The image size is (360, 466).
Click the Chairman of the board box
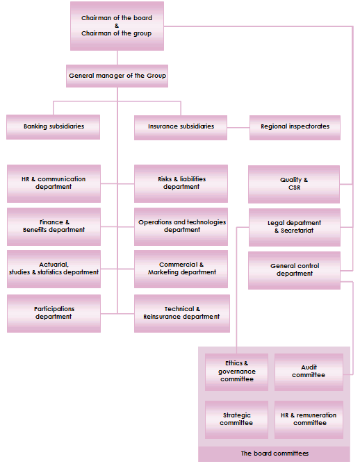(x=117, y=26)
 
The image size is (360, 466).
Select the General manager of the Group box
(x=117, y=75)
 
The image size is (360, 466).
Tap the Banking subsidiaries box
(x=54, y=126)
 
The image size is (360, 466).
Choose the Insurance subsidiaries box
(x=181, y=126)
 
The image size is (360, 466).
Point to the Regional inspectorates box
(x=295, y=126)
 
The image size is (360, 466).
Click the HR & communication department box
(x=54, y=183)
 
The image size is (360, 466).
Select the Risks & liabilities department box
(x=181, y=183)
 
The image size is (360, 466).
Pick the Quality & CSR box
(x=295, y=183)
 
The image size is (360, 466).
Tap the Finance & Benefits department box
(x=54, y=226)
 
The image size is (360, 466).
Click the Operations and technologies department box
(x=181, y=226)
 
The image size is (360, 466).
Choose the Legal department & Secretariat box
(x=295, y=226)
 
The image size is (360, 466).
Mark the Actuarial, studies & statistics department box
(x=54, y=268)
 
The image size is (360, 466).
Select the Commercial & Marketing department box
(x=181, y=268)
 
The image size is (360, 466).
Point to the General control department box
(x=295, y=269)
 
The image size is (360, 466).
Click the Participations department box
(x=54, y=313)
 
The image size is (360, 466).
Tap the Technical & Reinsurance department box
(x=181, y=313)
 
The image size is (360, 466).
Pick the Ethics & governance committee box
(x=236, y=372)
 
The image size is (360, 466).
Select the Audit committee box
(x=309, y=372)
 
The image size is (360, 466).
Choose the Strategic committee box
(x=236, y=419)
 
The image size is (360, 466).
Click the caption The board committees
(x=275, y=453)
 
